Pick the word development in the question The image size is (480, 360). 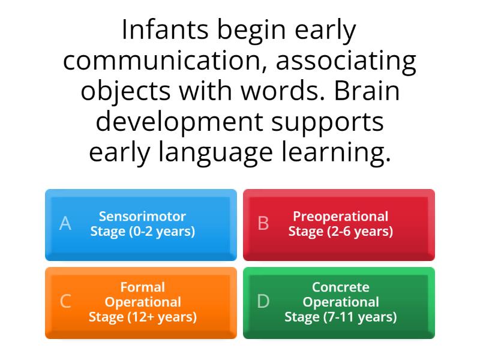pyautogui.click(x=179, y=122)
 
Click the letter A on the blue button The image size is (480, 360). pyautogui.click(x=65, y=224)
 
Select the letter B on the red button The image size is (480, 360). pyautogui.click(x=263, y=224)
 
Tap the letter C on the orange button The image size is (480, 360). pyautogui.click(x=65, y=302)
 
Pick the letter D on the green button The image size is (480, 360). pyautogui.click(x=263, y=302)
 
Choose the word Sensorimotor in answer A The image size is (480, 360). pyautogui.click(x=142, y=216)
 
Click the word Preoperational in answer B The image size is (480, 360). pyautogui.click(x=340, y=216)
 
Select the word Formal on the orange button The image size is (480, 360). pyautogui.click(x=142, y=287)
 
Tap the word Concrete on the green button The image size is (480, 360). pyautogui.click(x=340, y=287)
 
